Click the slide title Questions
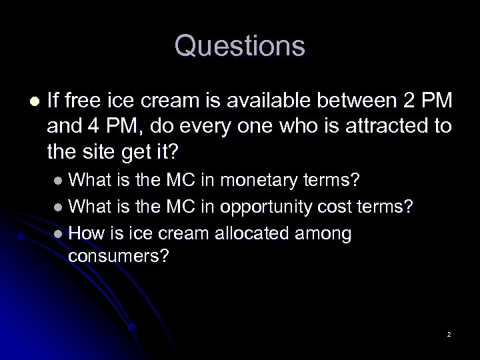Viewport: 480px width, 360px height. point(240,46)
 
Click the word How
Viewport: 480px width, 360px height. point(83,233)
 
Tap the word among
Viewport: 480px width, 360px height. point(320,233)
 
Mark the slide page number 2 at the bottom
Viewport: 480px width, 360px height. point(449,333)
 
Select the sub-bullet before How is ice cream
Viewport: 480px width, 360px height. point(60,233)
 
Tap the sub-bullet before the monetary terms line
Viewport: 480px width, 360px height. point(60,180)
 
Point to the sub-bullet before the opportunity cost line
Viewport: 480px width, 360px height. point(60,207)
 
